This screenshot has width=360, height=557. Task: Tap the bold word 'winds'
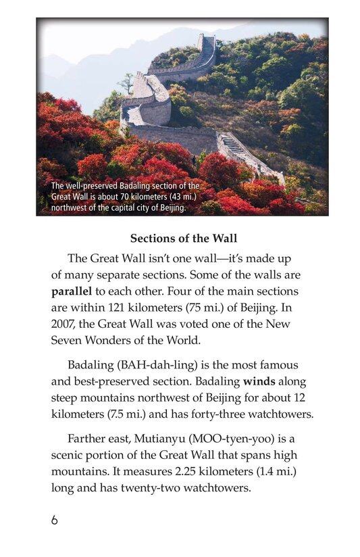259,381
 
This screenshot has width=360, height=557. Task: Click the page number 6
54,520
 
